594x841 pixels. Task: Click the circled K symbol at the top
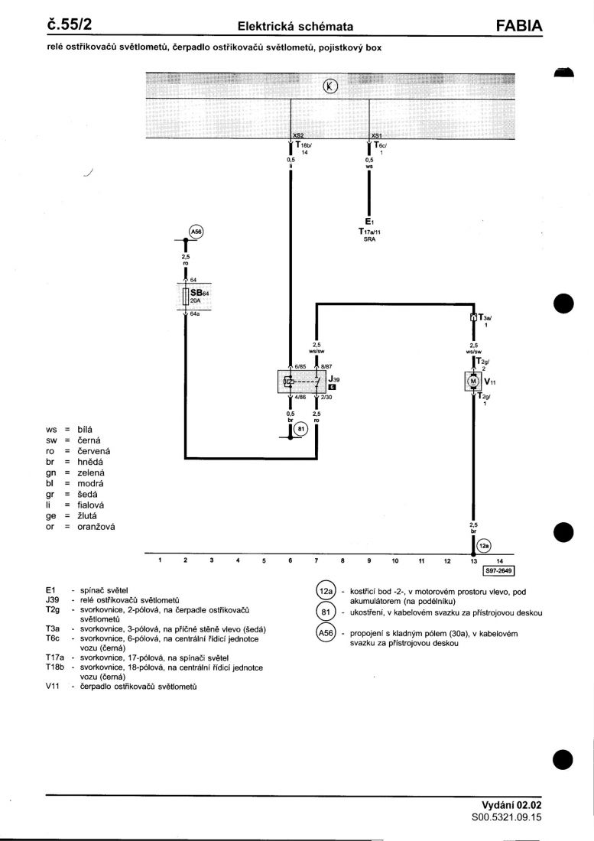330,86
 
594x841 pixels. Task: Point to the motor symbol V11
473,381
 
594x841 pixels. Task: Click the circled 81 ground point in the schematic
300,429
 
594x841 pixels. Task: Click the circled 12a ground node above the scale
483,546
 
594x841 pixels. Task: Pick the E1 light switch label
369,222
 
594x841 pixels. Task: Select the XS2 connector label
298,135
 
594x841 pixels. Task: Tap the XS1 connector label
376,135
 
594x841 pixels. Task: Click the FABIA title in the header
518,27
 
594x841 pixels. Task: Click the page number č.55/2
69,25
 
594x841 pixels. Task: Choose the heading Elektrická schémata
295,27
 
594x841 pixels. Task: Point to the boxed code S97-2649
499,570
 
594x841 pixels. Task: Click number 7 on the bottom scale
316,560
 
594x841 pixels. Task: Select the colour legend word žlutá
90,516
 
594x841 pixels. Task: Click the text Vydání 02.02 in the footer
511,805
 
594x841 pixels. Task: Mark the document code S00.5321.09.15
506,817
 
